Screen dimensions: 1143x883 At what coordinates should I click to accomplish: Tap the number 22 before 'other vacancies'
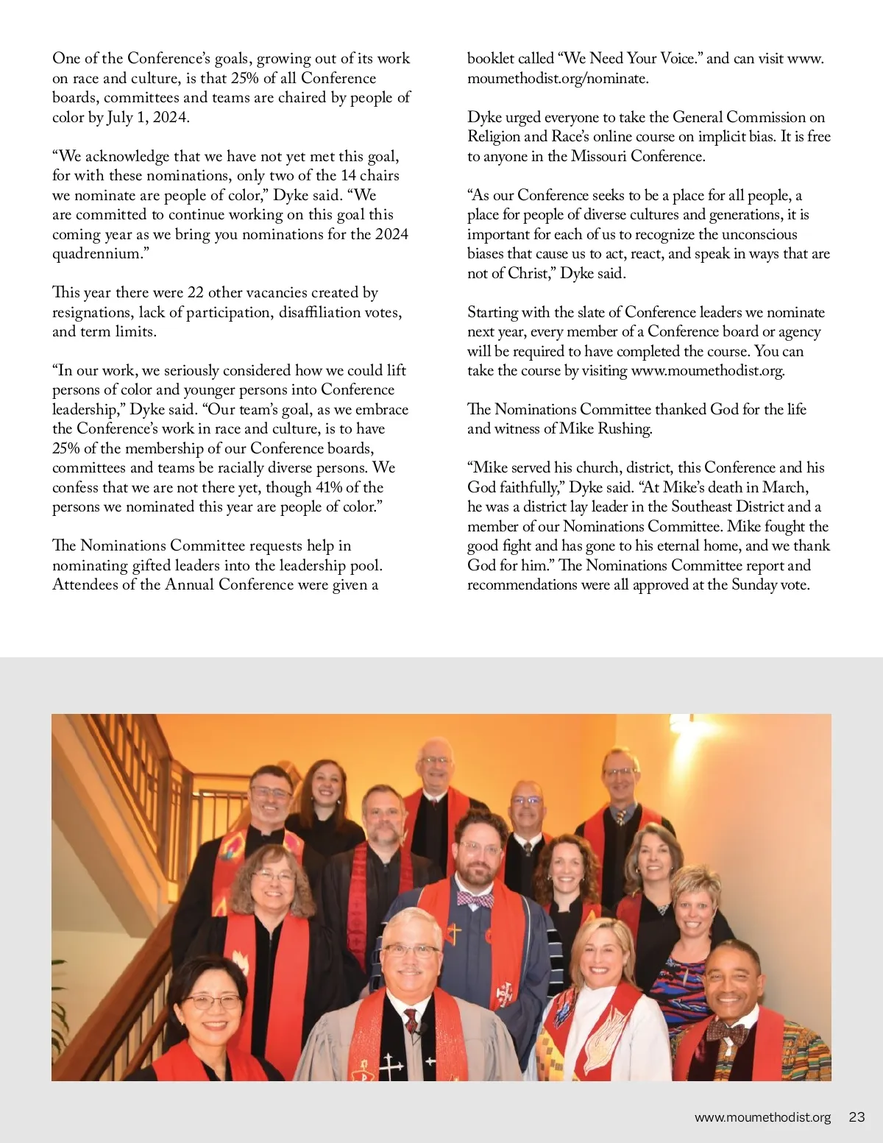click(x=195, y=292)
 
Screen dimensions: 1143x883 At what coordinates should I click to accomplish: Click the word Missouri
click(x=600, y=156)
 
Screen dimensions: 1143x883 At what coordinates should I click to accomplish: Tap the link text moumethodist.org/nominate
click(x=557, y=78)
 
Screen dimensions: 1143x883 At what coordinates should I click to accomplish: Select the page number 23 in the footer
click(x=857, y=1117)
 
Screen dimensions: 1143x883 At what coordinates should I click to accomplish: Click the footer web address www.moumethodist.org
click(x=762, y=1117)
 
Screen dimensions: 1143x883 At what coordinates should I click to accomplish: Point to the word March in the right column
click(x=785, y=487)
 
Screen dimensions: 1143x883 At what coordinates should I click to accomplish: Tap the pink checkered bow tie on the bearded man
click(x=475, y=899)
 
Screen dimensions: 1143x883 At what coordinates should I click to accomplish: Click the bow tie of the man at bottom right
click(x=727, y=1033)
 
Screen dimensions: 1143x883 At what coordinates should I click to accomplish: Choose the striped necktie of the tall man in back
click(x=620, y=816)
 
